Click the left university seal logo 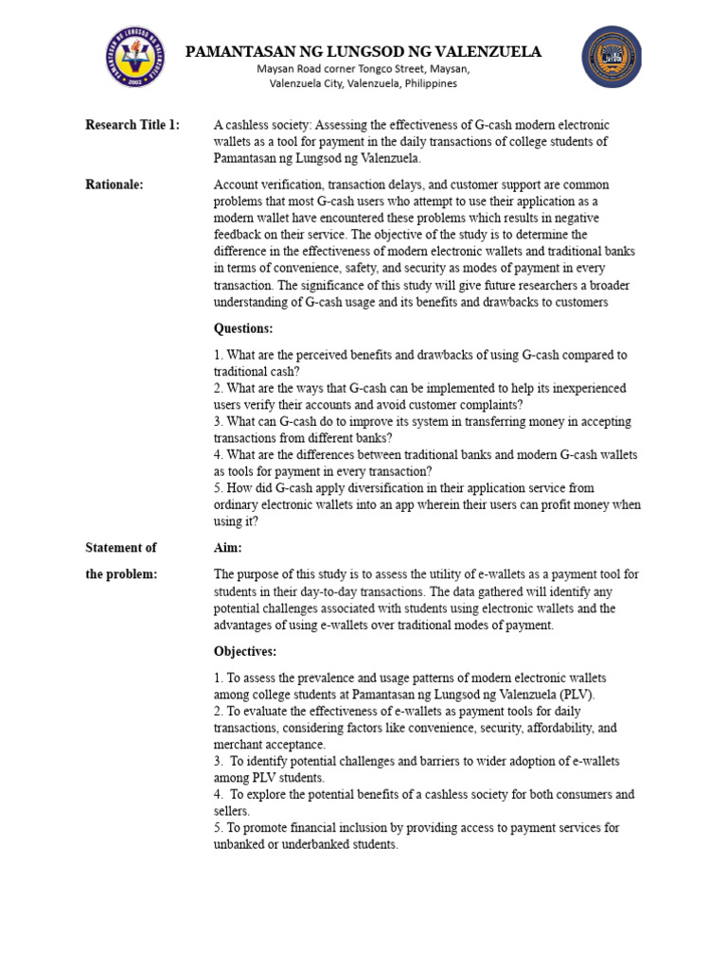click(x=133, y=59)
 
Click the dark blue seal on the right click(x=611, y=57)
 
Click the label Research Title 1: click(x=133, y=125)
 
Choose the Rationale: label click(x=115, y=185)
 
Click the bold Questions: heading click(x=243, y=328)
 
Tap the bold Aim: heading click(x=229, y=547)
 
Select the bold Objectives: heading click(x=246, y=652)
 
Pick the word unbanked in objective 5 click(x=238, y=844)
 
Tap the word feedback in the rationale click(x=239, y=235)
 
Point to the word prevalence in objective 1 click(x=322, y=678)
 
